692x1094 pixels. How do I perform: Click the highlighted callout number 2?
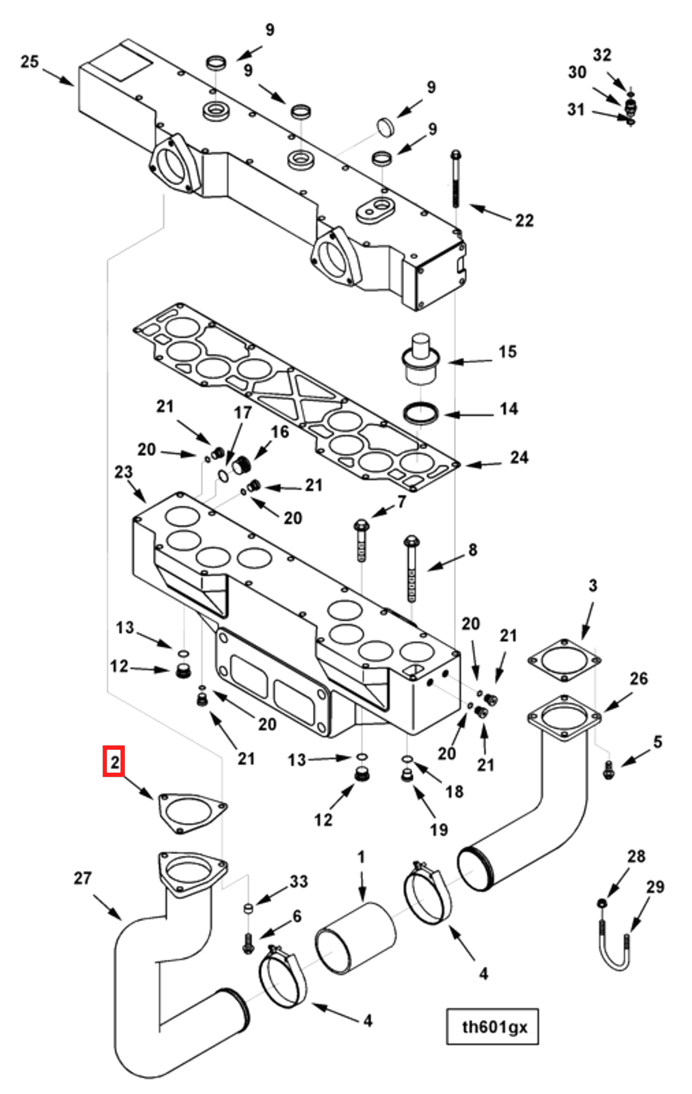[113, 762]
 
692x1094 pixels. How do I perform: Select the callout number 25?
[30, 62]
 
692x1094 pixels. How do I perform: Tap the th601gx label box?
[492, 1027]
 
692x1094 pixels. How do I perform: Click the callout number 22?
[524, 221]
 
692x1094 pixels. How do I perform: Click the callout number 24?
[519, 458]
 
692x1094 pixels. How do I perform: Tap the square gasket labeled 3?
[564, 660]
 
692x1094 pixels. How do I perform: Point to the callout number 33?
[299, 882]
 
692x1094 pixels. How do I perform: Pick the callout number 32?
[602, 55]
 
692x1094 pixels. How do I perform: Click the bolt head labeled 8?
[411, 542]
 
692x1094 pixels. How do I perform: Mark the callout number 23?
[124, 472]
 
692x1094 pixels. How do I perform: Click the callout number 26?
[638, 679]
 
